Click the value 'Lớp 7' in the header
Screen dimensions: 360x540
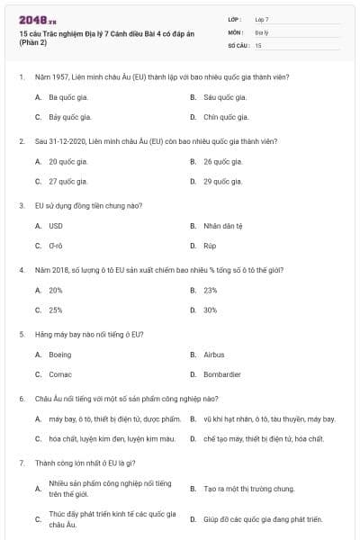(262, 19)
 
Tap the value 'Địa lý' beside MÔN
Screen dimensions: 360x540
(261, 31)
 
